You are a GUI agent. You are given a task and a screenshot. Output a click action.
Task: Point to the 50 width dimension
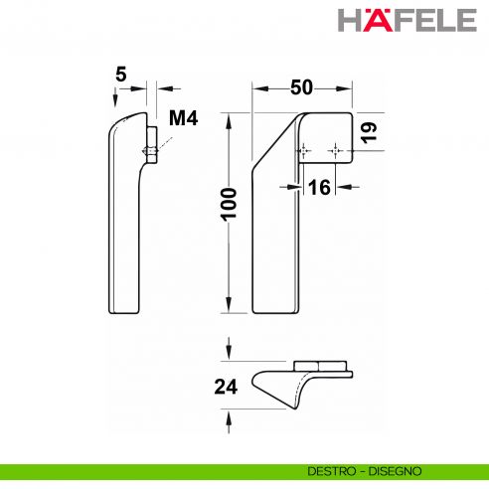click(302, 86)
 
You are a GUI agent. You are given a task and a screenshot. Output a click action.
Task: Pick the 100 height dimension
click(229, 210)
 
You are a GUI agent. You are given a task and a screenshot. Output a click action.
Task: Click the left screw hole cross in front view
click(303, 149)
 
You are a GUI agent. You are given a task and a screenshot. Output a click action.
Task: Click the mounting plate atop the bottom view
click(320, 365)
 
